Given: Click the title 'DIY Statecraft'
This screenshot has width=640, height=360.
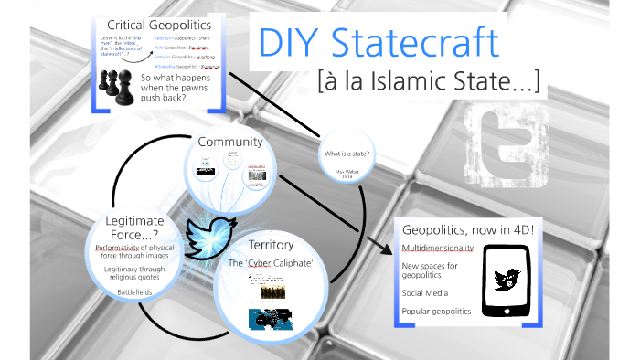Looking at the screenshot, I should [x=379, y=43].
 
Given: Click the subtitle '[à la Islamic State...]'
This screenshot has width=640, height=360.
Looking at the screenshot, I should [x=430, y=83].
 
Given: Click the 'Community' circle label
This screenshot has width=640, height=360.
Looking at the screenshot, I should [x=229, y=142].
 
